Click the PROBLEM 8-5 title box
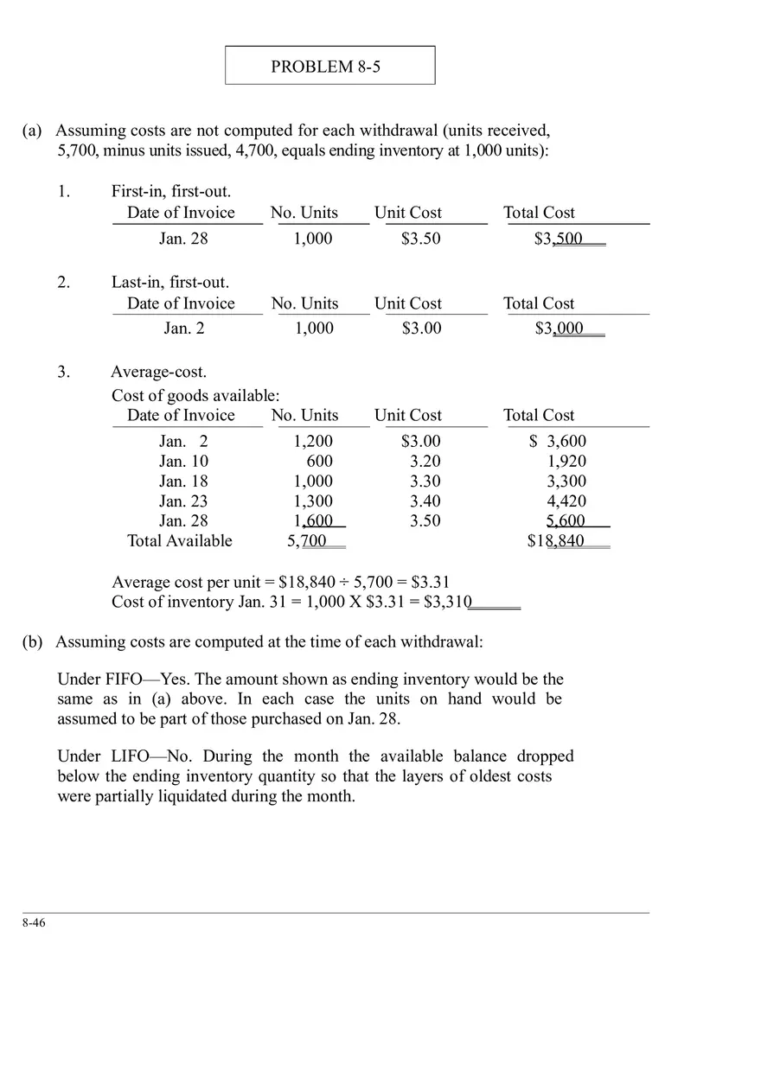point(329,66)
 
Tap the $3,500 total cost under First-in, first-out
point(559,239)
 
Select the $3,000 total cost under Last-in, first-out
point(559,329)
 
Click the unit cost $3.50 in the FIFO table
point(420,239)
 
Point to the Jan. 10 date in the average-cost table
point(183,462)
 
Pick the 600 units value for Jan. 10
point(319,462)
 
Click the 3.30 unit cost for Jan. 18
point(425,482)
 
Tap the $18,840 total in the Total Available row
point(556,541)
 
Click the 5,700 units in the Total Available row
point(307,541)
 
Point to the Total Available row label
point(180,541)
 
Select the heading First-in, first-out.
point(170,192)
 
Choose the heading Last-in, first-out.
point(170,283)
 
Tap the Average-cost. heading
point(158,373)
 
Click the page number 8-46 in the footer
point(35,923)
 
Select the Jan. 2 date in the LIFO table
point(184,329)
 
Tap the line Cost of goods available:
point(195,396)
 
